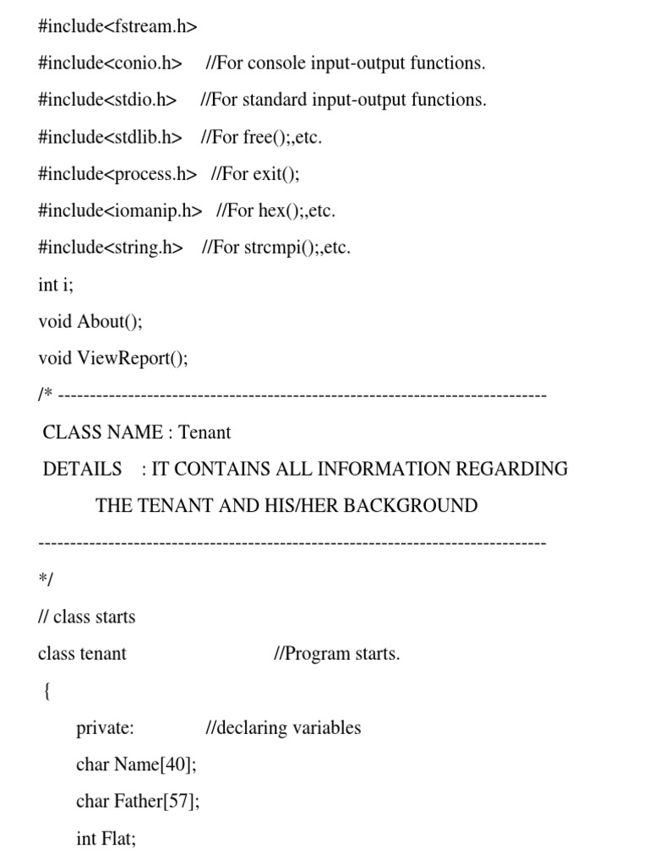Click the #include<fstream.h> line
click(x=117, y=26)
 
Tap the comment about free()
click(x=262, y=137)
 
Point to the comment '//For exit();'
click(x=255, y=174)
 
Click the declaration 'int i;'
click(x=56, y=285)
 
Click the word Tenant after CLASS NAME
click(x=205, y=432)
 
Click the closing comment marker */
click(x=46, y=580)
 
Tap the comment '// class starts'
click(x=86, y=617)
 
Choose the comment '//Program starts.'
click(x=336, y=654)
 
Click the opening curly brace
click(x=46, y=691)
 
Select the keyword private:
click(x=105, y=727)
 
